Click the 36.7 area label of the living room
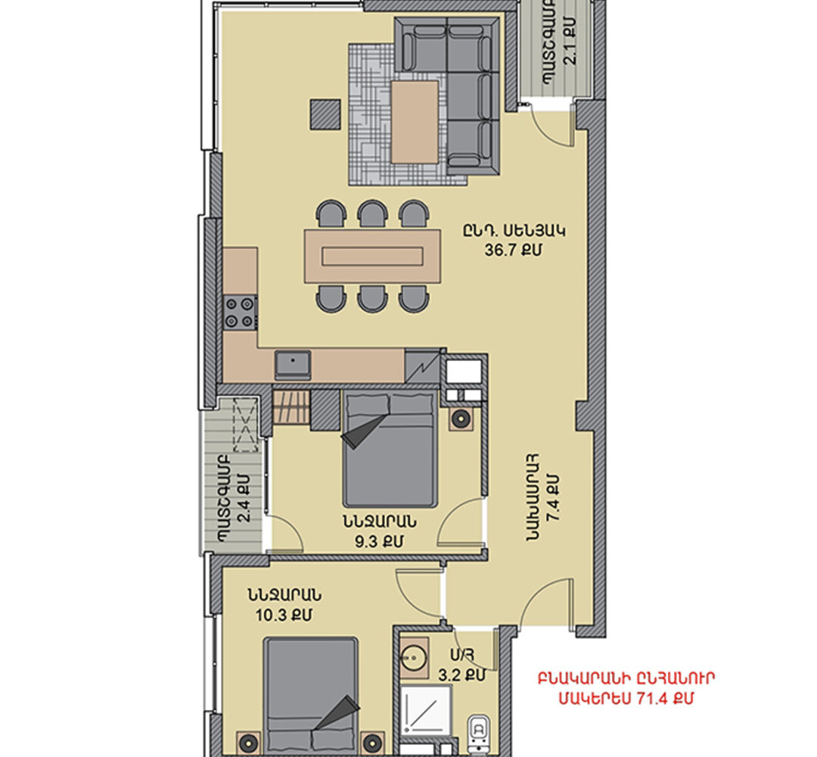click(x=513, y=251)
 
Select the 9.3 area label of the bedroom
click(x=379, y=542)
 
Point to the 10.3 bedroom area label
click(x=284, y=615)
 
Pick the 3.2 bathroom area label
click(x=461, y=675)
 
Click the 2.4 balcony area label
click(x=244, y=498)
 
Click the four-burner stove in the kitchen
click(x=241, y=313)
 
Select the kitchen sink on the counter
click(x=293, y=365)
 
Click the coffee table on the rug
click(x=415, y=122)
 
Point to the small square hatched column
click(x=325, y=114)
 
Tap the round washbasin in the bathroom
click(x=415, y=657)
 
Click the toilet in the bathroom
click(x=479, y=735)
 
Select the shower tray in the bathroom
click(x=427, y=711)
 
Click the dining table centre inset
click(x=372, y=257)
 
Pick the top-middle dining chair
click(x=372, y=213)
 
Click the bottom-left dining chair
click(x=331, y=299)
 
